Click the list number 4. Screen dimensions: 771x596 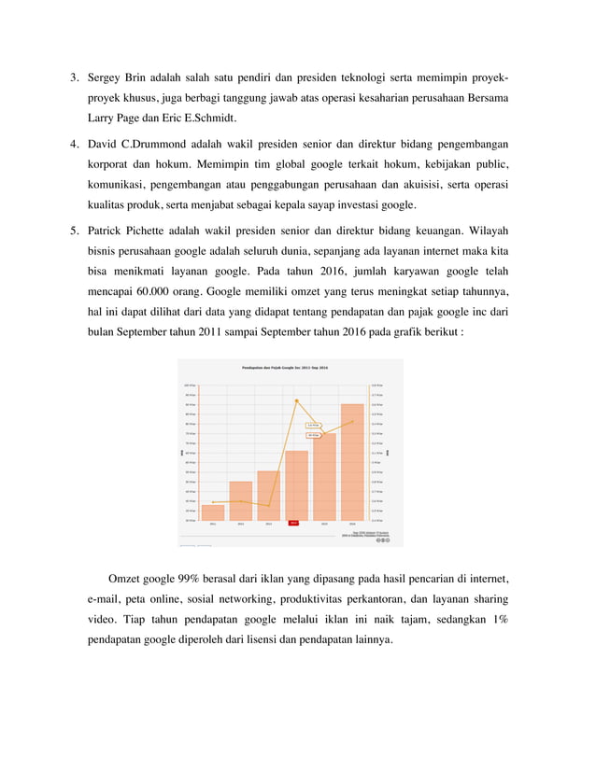click(74, 145)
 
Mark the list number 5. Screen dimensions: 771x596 click(74, 229)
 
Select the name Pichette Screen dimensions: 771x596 click(159, 229)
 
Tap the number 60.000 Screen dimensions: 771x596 click(153, 290)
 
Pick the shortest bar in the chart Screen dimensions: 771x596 click(213, 512)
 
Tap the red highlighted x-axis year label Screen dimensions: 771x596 click(293, 524)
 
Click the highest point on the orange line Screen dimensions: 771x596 click(296, 400)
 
